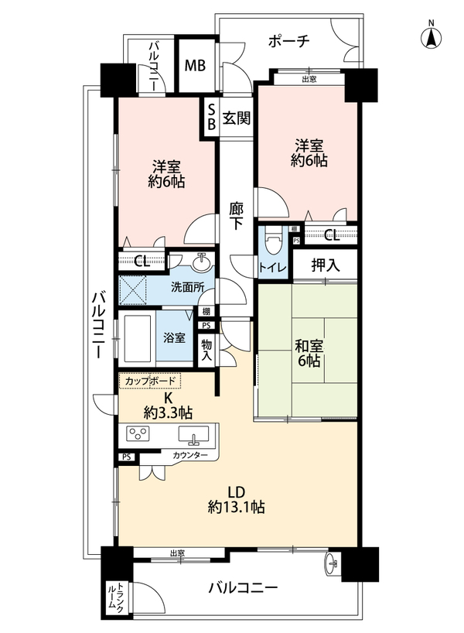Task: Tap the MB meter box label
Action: pyautogui.click(x=195, y=66)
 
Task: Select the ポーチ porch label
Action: pyautogui.click(x=288, y=40)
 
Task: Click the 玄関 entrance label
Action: pyautogui.click(x=237, y=118)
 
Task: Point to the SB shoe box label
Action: pyautogui.click(x=211, y=117)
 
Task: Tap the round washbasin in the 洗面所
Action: pyautogui.click(x=201, y=263)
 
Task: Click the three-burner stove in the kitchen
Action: pyautogui.click(x=138, y=434)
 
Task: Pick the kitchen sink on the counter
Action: pyautogui.click(x=193, y=434)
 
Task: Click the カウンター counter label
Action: pyautogui.click(x=190, y=455)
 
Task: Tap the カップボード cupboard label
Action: pyautogui.click(x=150, y=381)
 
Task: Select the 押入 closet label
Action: pyautogui.click(x=326, y=265)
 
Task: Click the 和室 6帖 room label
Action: pyautogui.click(x=309, y=353)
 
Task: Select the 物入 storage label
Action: pyautogui.click(x=207, y=350)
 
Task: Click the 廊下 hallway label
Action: pyautogui.click(x=236, y=216)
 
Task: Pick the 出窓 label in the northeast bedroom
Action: pyautogui.click(x=309, y=79)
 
